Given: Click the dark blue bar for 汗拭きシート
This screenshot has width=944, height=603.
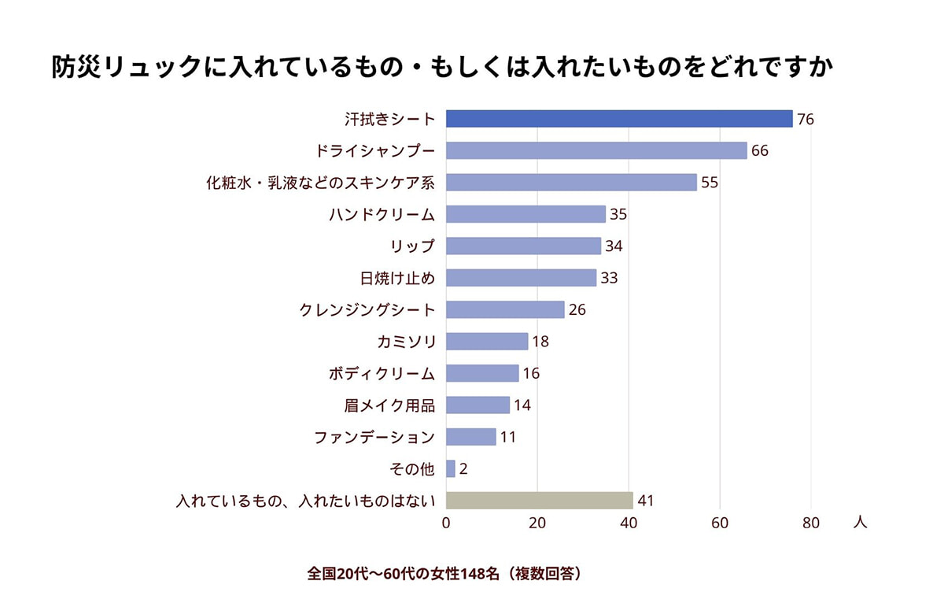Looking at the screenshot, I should click(619, 119).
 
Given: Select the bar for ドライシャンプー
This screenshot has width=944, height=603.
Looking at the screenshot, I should click(596, 150).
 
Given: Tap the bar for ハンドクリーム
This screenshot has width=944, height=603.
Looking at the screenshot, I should click(525, 214).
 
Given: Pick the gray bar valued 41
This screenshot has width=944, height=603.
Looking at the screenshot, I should click(539, 501).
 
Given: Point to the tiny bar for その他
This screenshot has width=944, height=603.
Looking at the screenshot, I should click(451, 468).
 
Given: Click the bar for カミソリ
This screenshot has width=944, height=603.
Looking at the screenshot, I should click(487, 342).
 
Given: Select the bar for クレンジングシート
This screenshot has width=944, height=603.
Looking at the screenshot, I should click(505, 309).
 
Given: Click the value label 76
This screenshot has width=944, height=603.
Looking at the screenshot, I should click(805, 120).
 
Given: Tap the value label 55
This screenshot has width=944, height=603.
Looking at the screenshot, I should click(710, 183).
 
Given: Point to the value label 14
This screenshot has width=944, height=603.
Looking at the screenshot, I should click(522, 405).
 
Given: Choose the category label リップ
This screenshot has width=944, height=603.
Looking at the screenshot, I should click(413, 246).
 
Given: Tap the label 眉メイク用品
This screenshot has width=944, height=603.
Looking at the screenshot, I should click(389, 405).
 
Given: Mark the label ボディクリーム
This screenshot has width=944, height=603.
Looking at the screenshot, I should click(382, 373).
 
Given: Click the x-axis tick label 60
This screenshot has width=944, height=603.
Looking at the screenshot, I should click(720, 523).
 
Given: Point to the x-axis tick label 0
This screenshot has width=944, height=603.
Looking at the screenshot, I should click(446, 523).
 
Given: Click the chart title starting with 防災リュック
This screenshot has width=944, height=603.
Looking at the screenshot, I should click(441, 68).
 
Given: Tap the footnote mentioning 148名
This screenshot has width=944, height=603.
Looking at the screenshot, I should click(446, 573).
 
